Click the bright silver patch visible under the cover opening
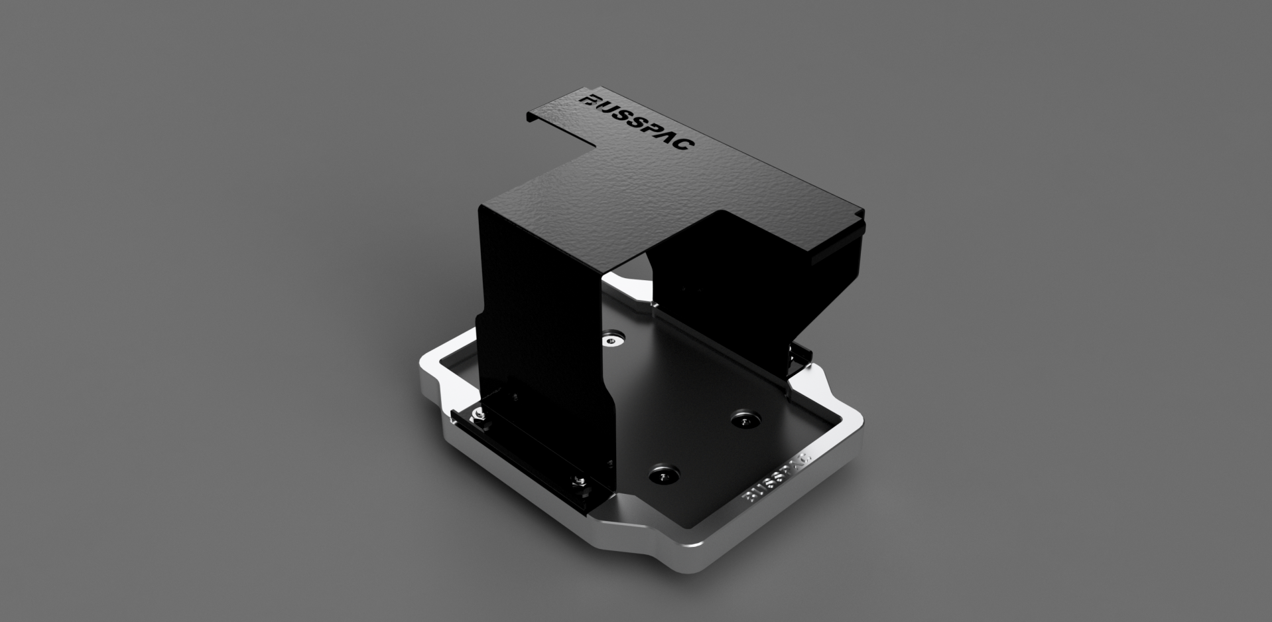pos(630,279)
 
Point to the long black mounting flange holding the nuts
pos(524,451)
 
